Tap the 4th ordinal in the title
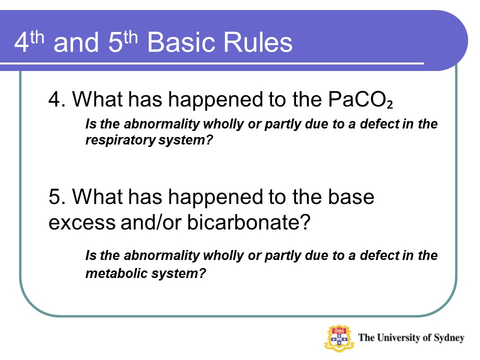(29, 41)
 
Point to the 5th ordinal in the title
(123, 41)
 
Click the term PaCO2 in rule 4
(360, 99)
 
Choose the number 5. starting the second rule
(57, 196)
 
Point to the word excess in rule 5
(82, 223)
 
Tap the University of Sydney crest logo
(339, 338)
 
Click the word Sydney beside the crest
(449, 338)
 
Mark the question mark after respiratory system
(209, 139)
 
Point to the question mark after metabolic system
(202, 273)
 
